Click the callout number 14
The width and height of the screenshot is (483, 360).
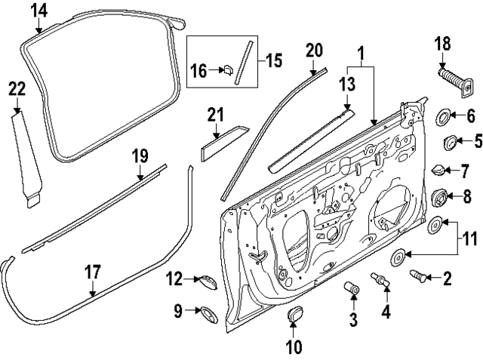tap(38, 11)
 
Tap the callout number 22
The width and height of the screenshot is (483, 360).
tap(17, 90)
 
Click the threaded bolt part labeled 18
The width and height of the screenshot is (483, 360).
tap(452, 81)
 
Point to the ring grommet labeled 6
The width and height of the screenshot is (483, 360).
tap(445, 116)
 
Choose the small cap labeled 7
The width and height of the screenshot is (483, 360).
tap(438, 171)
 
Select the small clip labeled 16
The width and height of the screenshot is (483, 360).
tap(225, 71)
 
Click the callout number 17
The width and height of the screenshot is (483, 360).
tap(92, 272)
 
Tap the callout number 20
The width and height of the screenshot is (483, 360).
tap(314, 51)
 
